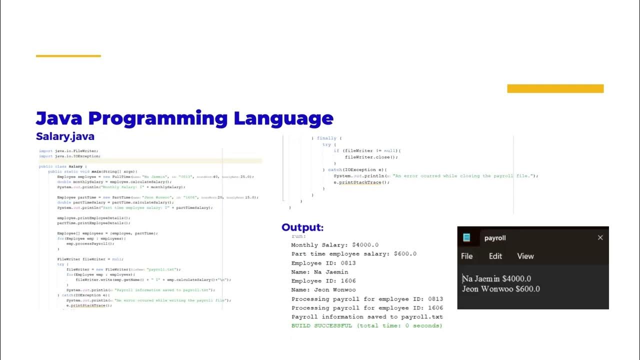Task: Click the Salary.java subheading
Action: coord(65,136)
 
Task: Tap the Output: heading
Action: coord(302,227)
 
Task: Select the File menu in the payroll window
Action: coord(466,256)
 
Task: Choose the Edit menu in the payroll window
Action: coord(495,256)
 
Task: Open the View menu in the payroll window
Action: coord(525,256)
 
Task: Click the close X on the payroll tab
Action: coord(600,237)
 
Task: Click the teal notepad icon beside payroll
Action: coord(467,238)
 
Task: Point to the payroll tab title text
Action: coord(495,238)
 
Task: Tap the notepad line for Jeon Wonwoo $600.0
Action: coord(500,288)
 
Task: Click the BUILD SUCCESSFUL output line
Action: coord(366,325)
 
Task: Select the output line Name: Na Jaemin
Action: coord(319,271)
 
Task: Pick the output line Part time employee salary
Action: coord(353,253)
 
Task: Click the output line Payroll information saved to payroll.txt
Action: coord(366,316)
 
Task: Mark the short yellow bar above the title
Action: coord(68,56)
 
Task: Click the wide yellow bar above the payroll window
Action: coord(555,88)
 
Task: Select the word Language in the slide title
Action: coord(283,118)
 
